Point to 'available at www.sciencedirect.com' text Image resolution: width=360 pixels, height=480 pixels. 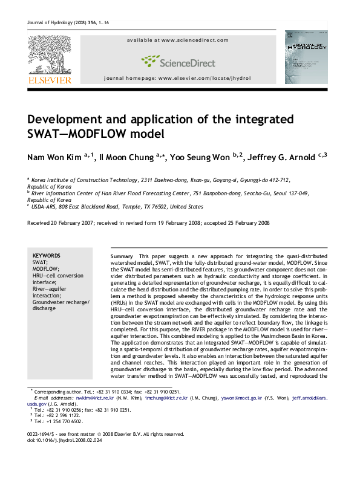click(x=178, y=40)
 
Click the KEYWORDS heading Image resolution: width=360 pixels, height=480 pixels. click(x=46, y=256)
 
